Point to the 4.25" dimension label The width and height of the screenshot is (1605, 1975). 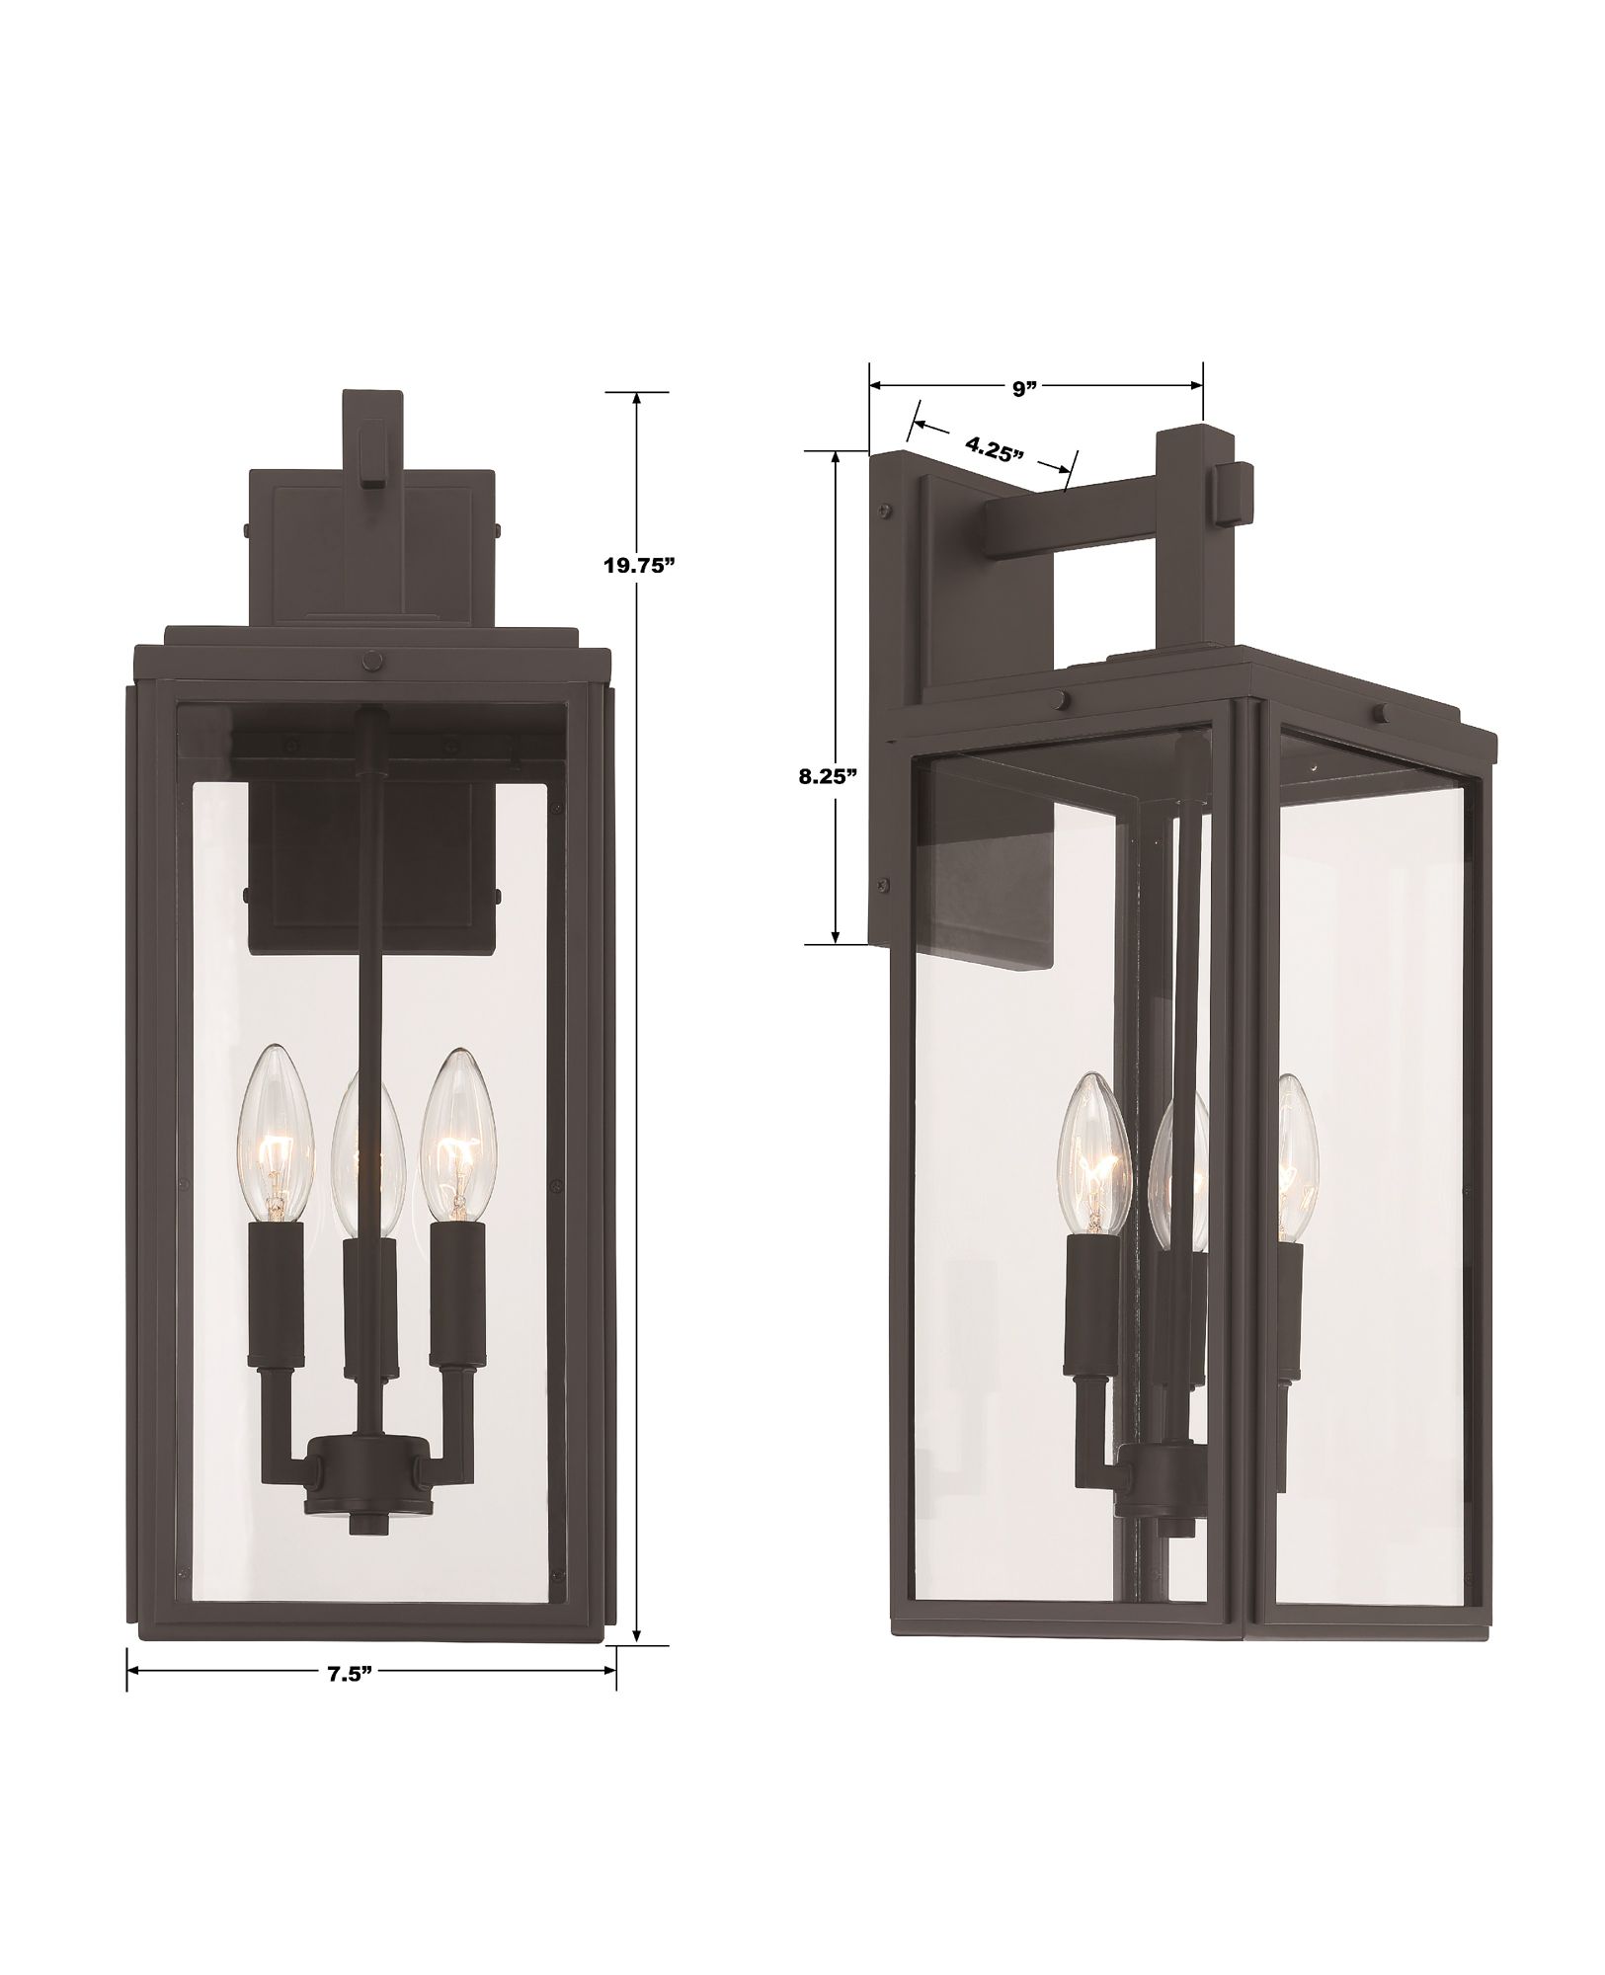click(995, 449)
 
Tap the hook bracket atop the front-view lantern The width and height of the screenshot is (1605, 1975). click(371, 441)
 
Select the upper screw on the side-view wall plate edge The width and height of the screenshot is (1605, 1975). click(883, 512)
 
